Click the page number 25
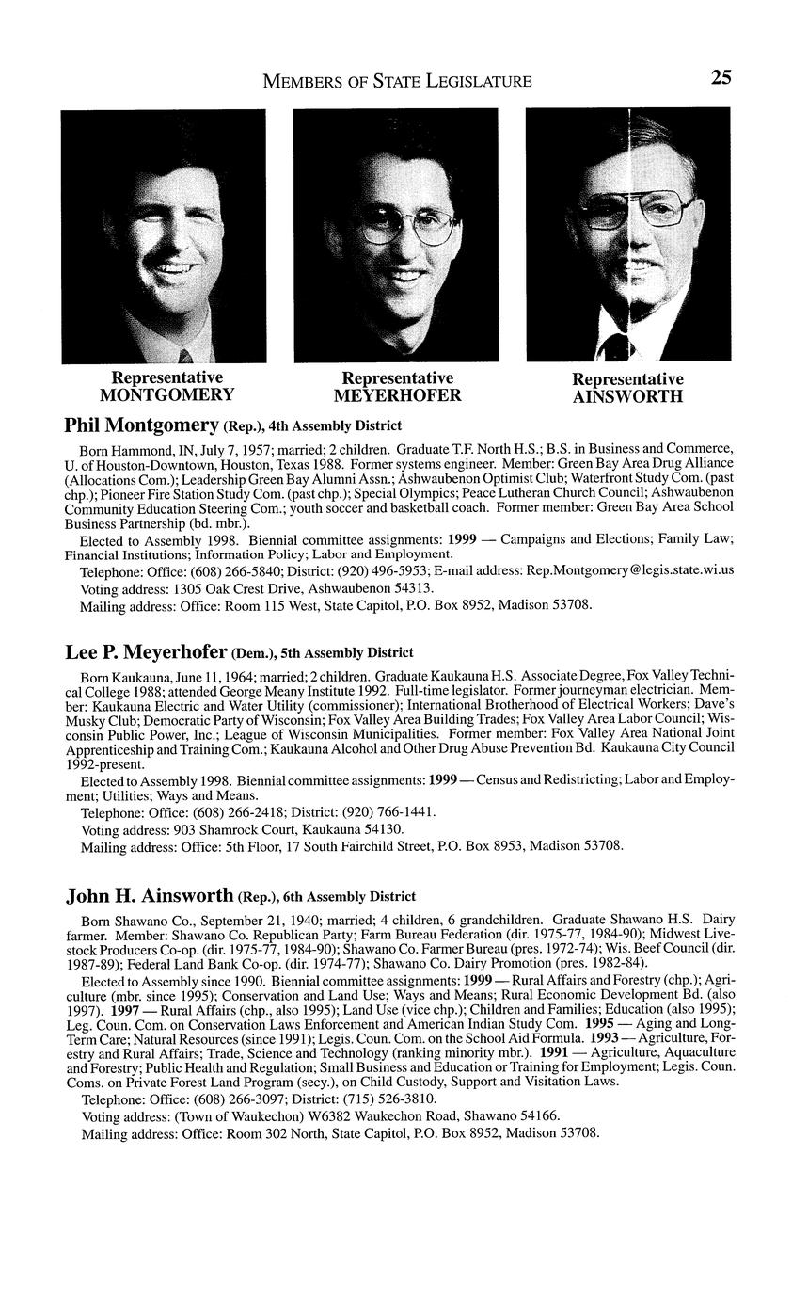pyautogui.click(x=721, y=78)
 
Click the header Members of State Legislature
pyautogui.click(x=397, y=82)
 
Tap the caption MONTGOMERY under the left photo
pyautogui.click(x=166, y=394)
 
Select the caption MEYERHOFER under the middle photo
pyautogui.click(x=397, y=395)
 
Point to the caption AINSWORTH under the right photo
pyautogui.click(x=627, y=396)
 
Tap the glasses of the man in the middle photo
pyautogui.click(x=402, y=227)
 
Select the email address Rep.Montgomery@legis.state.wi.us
pyautogui.click(x=630, y=570)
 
